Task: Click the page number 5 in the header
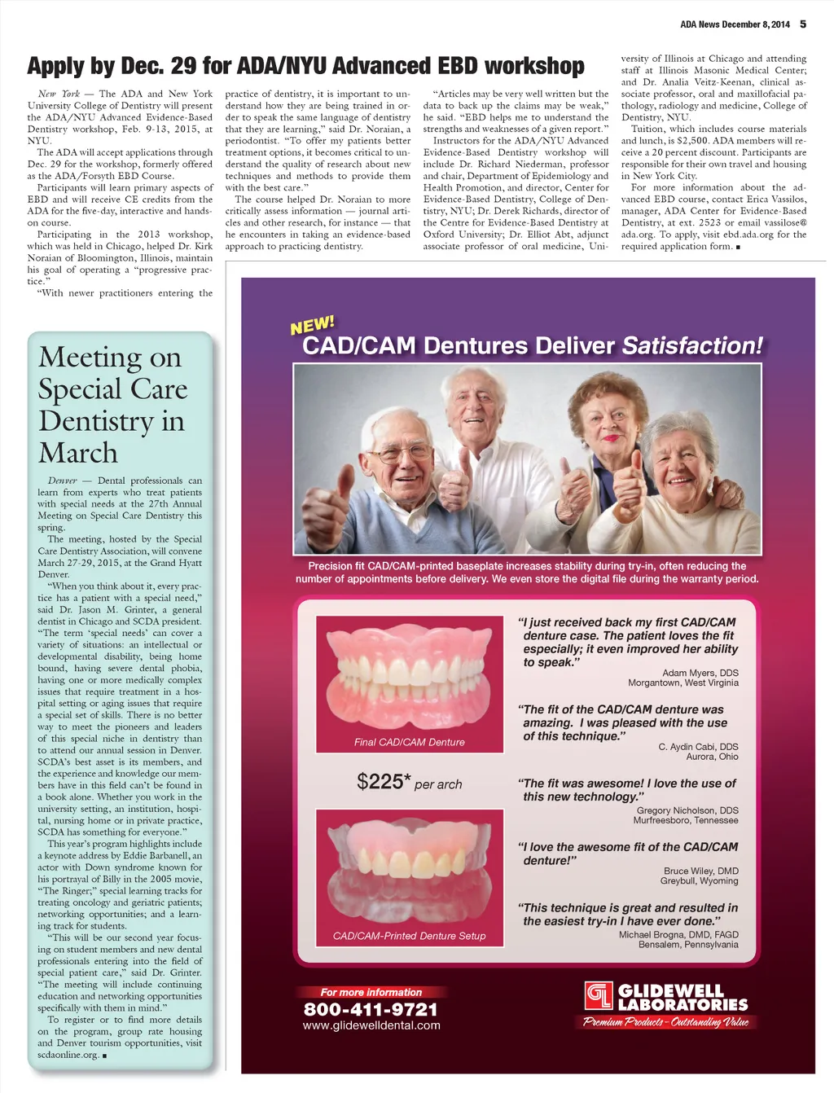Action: [803, 24]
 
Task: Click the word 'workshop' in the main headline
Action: [533, 66]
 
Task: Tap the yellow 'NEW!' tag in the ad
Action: [312, 326]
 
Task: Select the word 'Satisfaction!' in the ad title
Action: [692, 345]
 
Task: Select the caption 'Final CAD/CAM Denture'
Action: [410, 742]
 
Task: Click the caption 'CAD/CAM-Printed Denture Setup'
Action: [410, 936]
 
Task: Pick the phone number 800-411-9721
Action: [371, 1009]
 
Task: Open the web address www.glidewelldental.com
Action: [371, 1025]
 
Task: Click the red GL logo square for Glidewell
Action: [598, 995]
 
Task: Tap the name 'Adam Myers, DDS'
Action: [700, 673]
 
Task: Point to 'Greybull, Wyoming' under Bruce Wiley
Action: [699, 880]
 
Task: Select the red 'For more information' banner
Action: [371, 992]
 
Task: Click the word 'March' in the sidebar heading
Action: [78, 453]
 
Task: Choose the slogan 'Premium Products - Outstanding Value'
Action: [665, 1022]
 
